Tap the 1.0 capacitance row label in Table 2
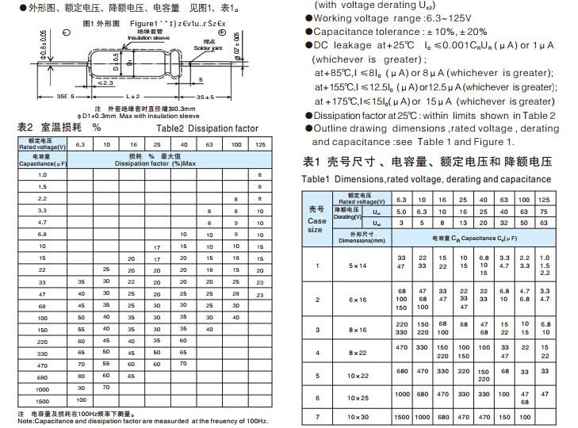(x=42, y=174)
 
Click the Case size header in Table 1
(x=316, y=220)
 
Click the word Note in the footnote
(x=27, y=421)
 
